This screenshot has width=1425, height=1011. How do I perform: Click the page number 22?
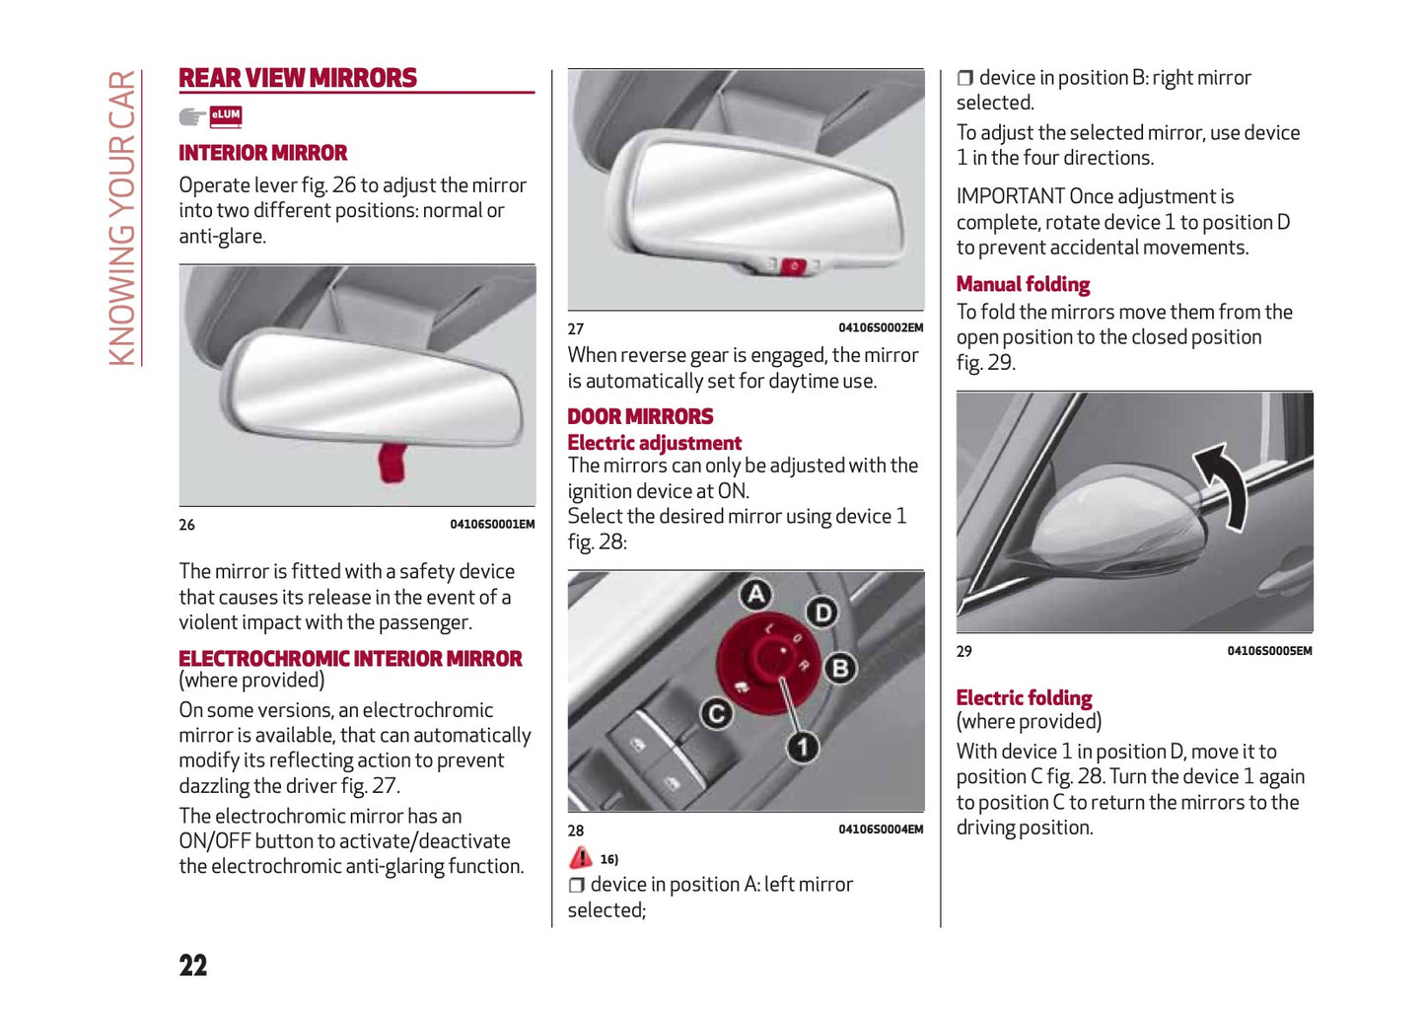point(193,966)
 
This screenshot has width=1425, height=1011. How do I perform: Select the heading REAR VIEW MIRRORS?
point(298,78)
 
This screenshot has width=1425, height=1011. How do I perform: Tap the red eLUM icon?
point(226,116)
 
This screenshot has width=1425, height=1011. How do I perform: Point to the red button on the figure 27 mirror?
point(794,265)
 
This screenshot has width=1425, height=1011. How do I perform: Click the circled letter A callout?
point(755,594)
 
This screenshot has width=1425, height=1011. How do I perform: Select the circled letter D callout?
point(821,613)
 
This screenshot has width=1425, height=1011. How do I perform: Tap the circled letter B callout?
point(840,669)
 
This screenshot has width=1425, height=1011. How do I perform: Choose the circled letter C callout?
point(717,714)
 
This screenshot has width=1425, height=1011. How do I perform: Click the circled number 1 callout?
point(803,747)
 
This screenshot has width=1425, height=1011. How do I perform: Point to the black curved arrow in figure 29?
point(1223,483)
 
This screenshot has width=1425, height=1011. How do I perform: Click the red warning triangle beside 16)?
point(581,858)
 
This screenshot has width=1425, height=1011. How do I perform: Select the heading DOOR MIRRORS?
point(640,416)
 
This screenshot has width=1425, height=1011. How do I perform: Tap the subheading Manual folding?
point(1023,285)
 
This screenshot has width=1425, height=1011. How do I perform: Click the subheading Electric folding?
point(1024,698)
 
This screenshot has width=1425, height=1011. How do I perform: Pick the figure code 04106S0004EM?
point(881,830)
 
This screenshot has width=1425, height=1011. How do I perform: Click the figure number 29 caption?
point(964,651)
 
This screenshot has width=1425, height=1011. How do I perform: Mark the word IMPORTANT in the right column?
point(1011,197)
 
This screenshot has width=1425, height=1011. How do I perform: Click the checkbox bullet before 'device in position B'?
point(965,78)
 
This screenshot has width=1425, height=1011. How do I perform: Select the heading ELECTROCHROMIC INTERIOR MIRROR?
point(350,659)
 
